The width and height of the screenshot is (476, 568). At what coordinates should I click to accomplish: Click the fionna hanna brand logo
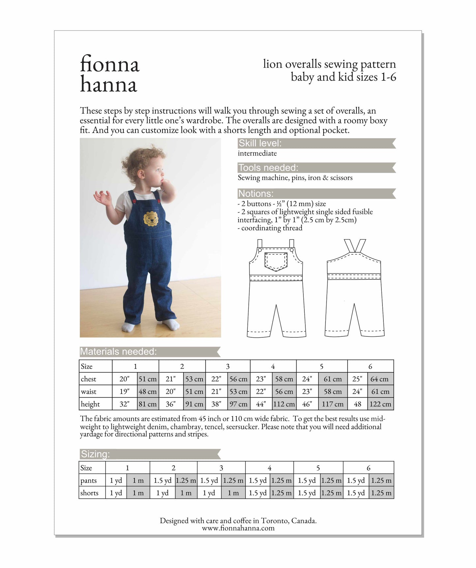click(x=109, y=74)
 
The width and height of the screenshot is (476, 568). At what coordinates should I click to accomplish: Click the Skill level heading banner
click(x=260, y=143)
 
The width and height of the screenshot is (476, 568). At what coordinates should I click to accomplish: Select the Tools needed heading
click(x=268, y=168)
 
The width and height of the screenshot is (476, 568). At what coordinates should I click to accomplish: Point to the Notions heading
click(x=256, y=193)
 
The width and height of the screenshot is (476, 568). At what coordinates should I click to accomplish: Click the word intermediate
click(x=257, y=153)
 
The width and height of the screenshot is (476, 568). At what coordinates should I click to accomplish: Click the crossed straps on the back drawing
click(x=355, y=246)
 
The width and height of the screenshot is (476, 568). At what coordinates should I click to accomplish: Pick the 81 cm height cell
click(x=148, y=404)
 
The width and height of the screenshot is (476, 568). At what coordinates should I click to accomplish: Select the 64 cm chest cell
click(x=379, y=379)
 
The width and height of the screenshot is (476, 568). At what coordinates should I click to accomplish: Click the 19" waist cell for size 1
click(x=124, y=391)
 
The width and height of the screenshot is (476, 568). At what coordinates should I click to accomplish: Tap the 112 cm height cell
click(x=284, y=404)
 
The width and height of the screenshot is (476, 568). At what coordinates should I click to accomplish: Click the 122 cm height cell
click(x=380, y=404)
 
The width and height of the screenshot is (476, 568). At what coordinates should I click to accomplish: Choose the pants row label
click(x=89, y=480)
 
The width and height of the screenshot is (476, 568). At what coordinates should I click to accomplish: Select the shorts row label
click(x=89, y=493)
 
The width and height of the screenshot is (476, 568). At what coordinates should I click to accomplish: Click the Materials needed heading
click(x=118, y=352)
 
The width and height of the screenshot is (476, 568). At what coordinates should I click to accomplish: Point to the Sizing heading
click(x=96, y=454)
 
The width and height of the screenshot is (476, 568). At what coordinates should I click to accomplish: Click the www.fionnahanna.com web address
click(x=238, y=528)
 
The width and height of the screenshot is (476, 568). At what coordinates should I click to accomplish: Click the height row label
click(x=90, y=404)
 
